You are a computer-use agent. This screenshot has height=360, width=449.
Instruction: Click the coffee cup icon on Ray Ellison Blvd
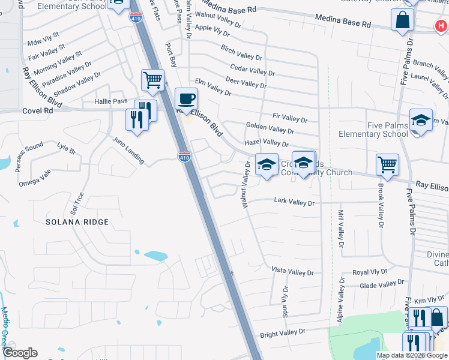[x=186, y=98]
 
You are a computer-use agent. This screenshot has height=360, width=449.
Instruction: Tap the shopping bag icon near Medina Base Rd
[x=402, y=20]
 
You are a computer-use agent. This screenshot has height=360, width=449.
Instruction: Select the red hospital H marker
[x=441, y=25]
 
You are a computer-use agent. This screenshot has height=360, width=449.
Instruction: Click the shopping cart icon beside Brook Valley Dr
[x=388, y=164]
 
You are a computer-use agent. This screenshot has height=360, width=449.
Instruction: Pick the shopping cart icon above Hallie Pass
[x=153, y=79]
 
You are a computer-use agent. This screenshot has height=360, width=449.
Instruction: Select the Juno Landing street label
[x=128, y=150]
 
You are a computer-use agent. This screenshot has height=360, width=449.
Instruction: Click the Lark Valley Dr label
[x=294, y=203]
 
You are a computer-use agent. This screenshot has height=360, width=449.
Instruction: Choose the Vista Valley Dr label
[x=293, y=272]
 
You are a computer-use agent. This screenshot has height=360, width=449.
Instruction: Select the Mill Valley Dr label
[x=340, y=230]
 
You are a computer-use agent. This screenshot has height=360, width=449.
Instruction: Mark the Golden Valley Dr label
[x=270, y=128]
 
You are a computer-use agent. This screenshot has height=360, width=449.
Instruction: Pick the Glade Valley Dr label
[x=382, y=284]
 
